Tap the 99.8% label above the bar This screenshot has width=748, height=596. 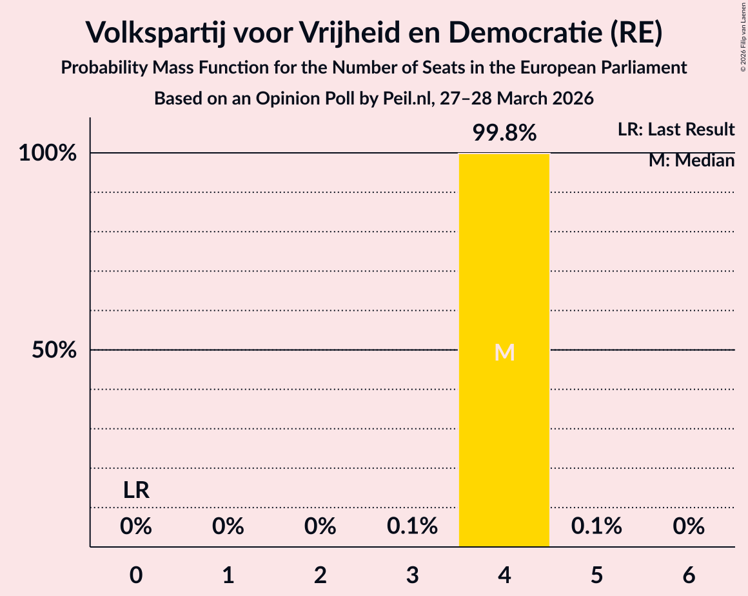coord(504,133)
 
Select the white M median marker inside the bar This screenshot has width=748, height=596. coord(504,352)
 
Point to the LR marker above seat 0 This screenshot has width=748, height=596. coord(136,491)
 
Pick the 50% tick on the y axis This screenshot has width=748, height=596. coord(55,350)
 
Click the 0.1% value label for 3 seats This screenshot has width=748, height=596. coord(413,527)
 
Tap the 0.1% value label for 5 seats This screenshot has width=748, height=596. coord(596,527)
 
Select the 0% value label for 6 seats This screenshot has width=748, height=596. coord(689,527)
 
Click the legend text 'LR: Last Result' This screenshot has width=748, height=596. coord(676,130)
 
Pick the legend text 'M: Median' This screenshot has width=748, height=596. coord(691,160)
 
